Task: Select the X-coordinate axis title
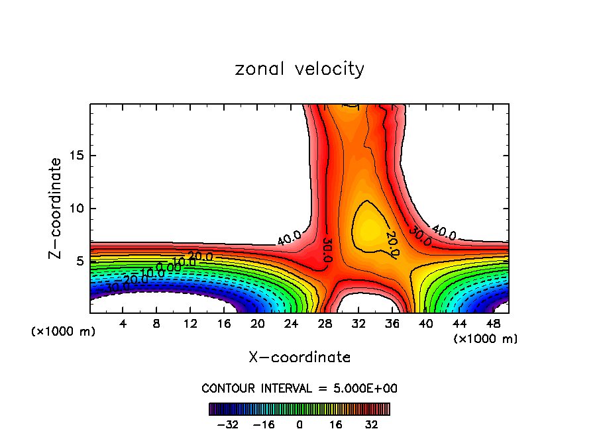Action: point(299,358)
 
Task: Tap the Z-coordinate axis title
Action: point(55,208)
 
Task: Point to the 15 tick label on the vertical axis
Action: point(74,156)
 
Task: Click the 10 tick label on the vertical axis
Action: point(74,209)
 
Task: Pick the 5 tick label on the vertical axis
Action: point(78,261)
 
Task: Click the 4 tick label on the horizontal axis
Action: point(123,324)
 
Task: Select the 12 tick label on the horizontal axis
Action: point(190,324)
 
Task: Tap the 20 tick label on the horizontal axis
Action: point(257,324)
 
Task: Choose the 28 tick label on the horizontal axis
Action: point(325,324)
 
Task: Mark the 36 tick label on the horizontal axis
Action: point(392,324)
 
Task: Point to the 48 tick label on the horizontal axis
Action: point(493,324)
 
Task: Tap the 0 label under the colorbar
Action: point(299,424)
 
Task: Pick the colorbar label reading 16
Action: point(335,424)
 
